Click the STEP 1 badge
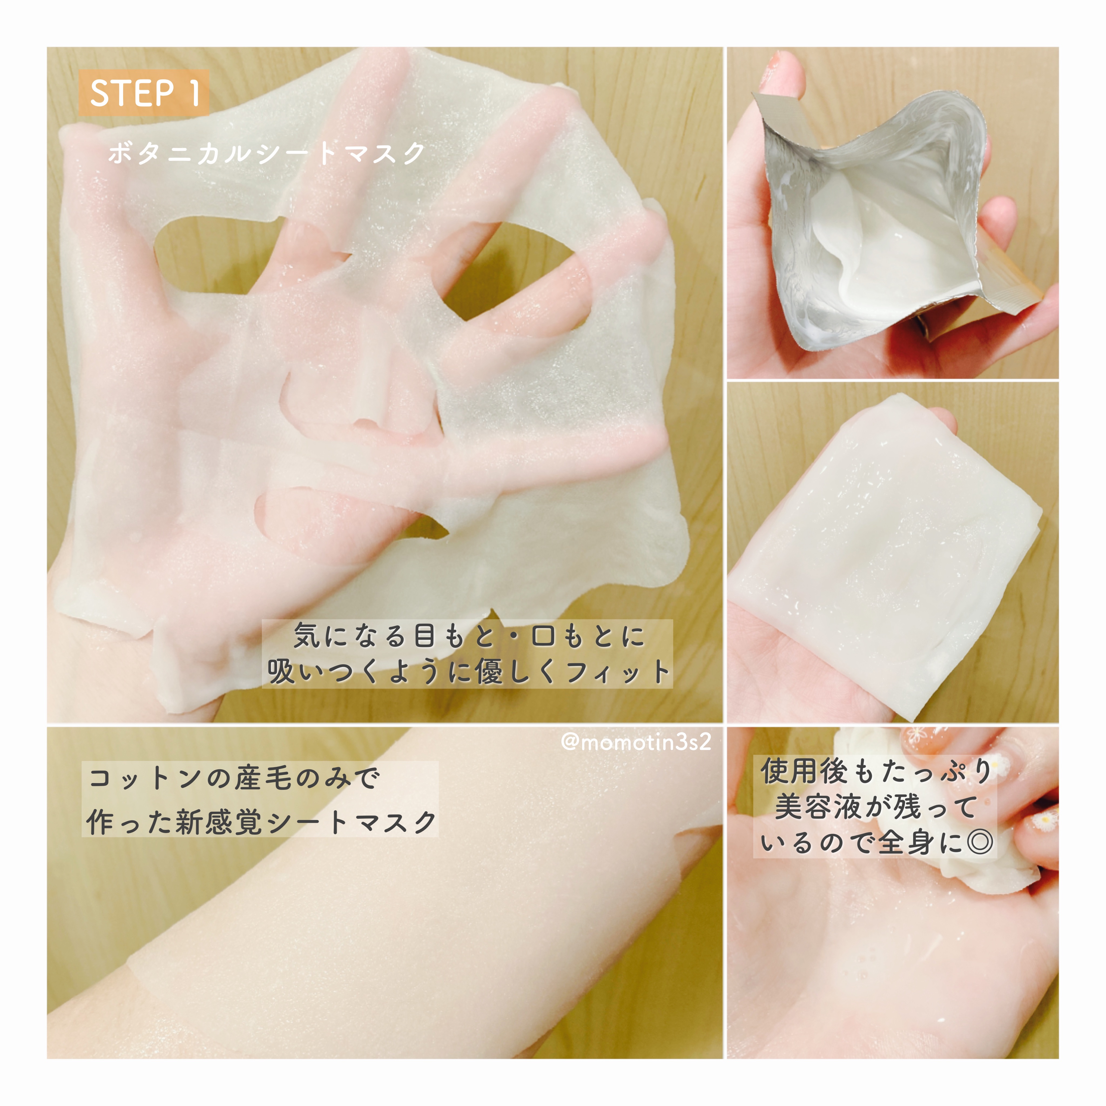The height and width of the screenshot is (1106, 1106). [144, 93]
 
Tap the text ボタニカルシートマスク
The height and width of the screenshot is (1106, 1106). [267, 153]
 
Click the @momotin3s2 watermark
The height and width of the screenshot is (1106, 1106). [636, 742]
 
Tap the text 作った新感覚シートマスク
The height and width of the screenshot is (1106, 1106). [261, 823]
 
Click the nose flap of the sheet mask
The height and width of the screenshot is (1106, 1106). [366, 378]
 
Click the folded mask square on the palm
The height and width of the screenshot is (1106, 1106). [885, 552]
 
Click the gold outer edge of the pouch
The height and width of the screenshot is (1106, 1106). [1005, 275]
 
